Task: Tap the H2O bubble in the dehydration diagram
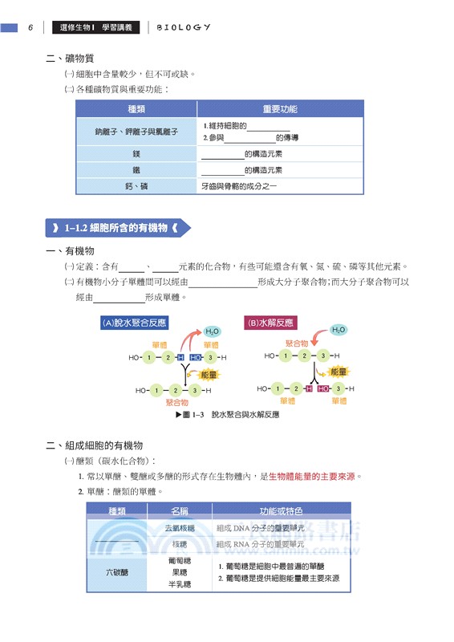(212, 331)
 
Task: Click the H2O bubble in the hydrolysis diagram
(338, 330)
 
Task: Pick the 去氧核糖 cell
(180, 528)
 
